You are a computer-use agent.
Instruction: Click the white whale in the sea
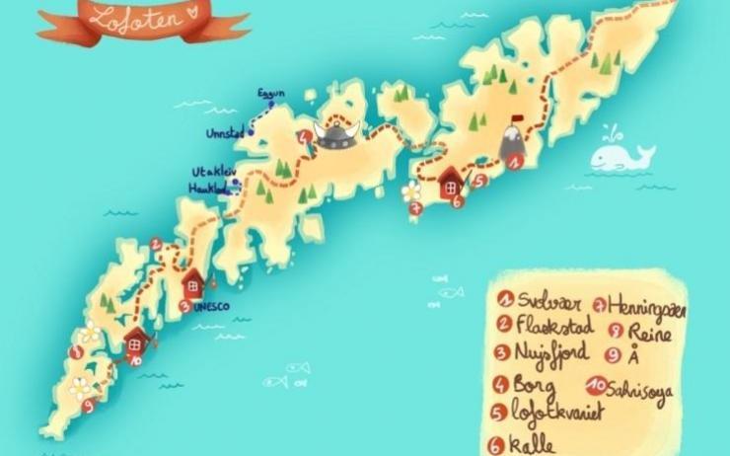tap(621, 156)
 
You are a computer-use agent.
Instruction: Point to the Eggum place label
tap(270, 94)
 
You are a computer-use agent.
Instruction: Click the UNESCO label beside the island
tap(211, 307)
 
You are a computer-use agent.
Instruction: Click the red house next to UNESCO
tap(192, 284)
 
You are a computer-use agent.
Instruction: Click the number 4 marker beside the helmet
tap(306, 137)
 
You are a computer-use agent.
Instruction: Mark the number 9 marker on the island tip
tap(88, 405)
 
